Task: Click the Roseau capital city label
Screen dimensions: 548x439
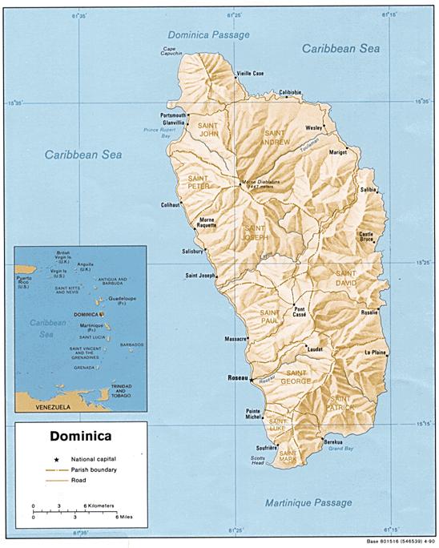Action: point(238,376)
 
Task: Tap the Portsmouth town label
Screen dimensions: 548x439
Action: point(173,115)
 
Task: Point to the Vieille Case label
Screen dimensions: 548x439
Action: point(250,74)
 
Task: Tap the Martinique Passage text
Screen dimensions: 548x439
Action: point(308,502)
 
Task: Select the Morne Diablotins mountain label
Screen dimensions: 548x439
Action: point(261,183)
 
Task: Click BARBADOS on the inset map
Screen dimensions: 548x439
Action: point(131,345)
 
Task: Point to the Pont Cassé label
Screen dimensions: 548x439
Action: point(300,312)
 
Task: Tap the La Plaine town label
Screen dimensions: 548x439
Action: point(376,353)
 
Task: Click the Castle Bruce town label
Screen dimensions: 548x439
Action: point(367,236)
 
